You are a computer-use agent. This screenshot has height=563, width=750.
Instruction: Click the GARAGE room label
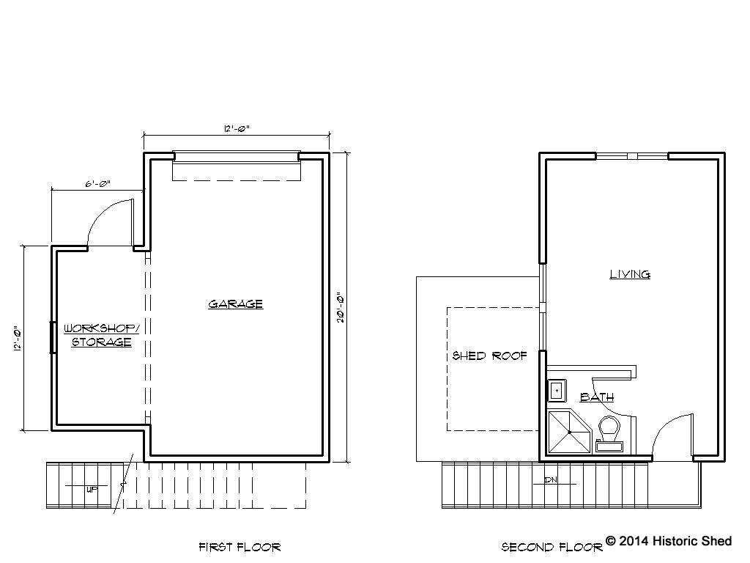pyautogui.click(x=235, y=304)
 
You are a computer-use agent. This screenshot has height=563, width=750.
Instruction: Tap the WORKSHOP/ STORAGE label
pyautogui.click(x=101, y=335)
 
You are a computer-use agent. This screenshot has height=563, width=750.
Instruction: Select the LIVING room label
pyautogui.click(x=629, y=274)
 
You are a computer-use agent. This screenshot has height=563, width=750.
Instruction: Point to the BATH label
pyautogui.click(x=597, y=397)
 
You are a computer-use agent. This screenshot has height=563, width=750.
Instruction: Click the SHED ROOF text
pyautogui.click(x=489, y=356)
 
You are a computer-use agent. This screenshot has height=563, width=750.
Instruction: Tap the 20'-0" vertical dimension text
pyautogui.click(x=341, y=307)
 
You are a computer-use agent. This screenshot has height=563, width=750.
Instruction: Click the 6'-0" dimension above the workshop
pyautogui.click(x=98, y=183)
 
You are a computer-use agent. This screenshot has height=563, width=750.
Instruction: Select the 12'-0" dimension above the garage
pyautogui.click(x=237, y=128)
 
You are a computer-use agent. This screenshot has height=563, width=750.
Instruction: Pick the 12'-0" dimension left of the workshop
pyautogui.click(x=18, y=339)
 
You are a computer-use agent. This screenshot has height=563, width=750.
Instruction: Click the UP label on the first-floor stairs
pyautogui.click(x=92, y=489)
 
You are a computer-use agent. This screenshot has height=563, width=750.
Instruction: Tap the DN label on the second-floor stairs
pyautogui.click(x=551, y=479)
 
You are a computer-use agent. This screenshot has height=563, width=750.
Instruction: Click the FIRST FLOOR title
pyautogui.click(x=240, y=547)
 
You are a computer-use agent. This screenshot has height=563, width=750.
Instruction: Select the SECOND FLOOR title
pyautogui.click(x=552, y=547)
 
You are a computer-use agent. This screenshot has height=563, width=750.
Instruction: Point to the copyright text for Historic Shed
pyautogui.click(x=669, y=541)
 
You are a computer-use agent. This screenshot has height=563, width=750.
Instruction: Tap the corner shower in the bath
pyautogui.click(x=569, y=433)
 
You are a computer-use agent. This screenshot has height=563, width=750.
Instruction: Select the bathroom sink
pyautogui.click(x=557, y=391)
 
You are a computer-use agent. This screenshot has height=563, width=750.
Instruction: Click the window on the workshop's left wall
pyautogui.click(x=53, y=337)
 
